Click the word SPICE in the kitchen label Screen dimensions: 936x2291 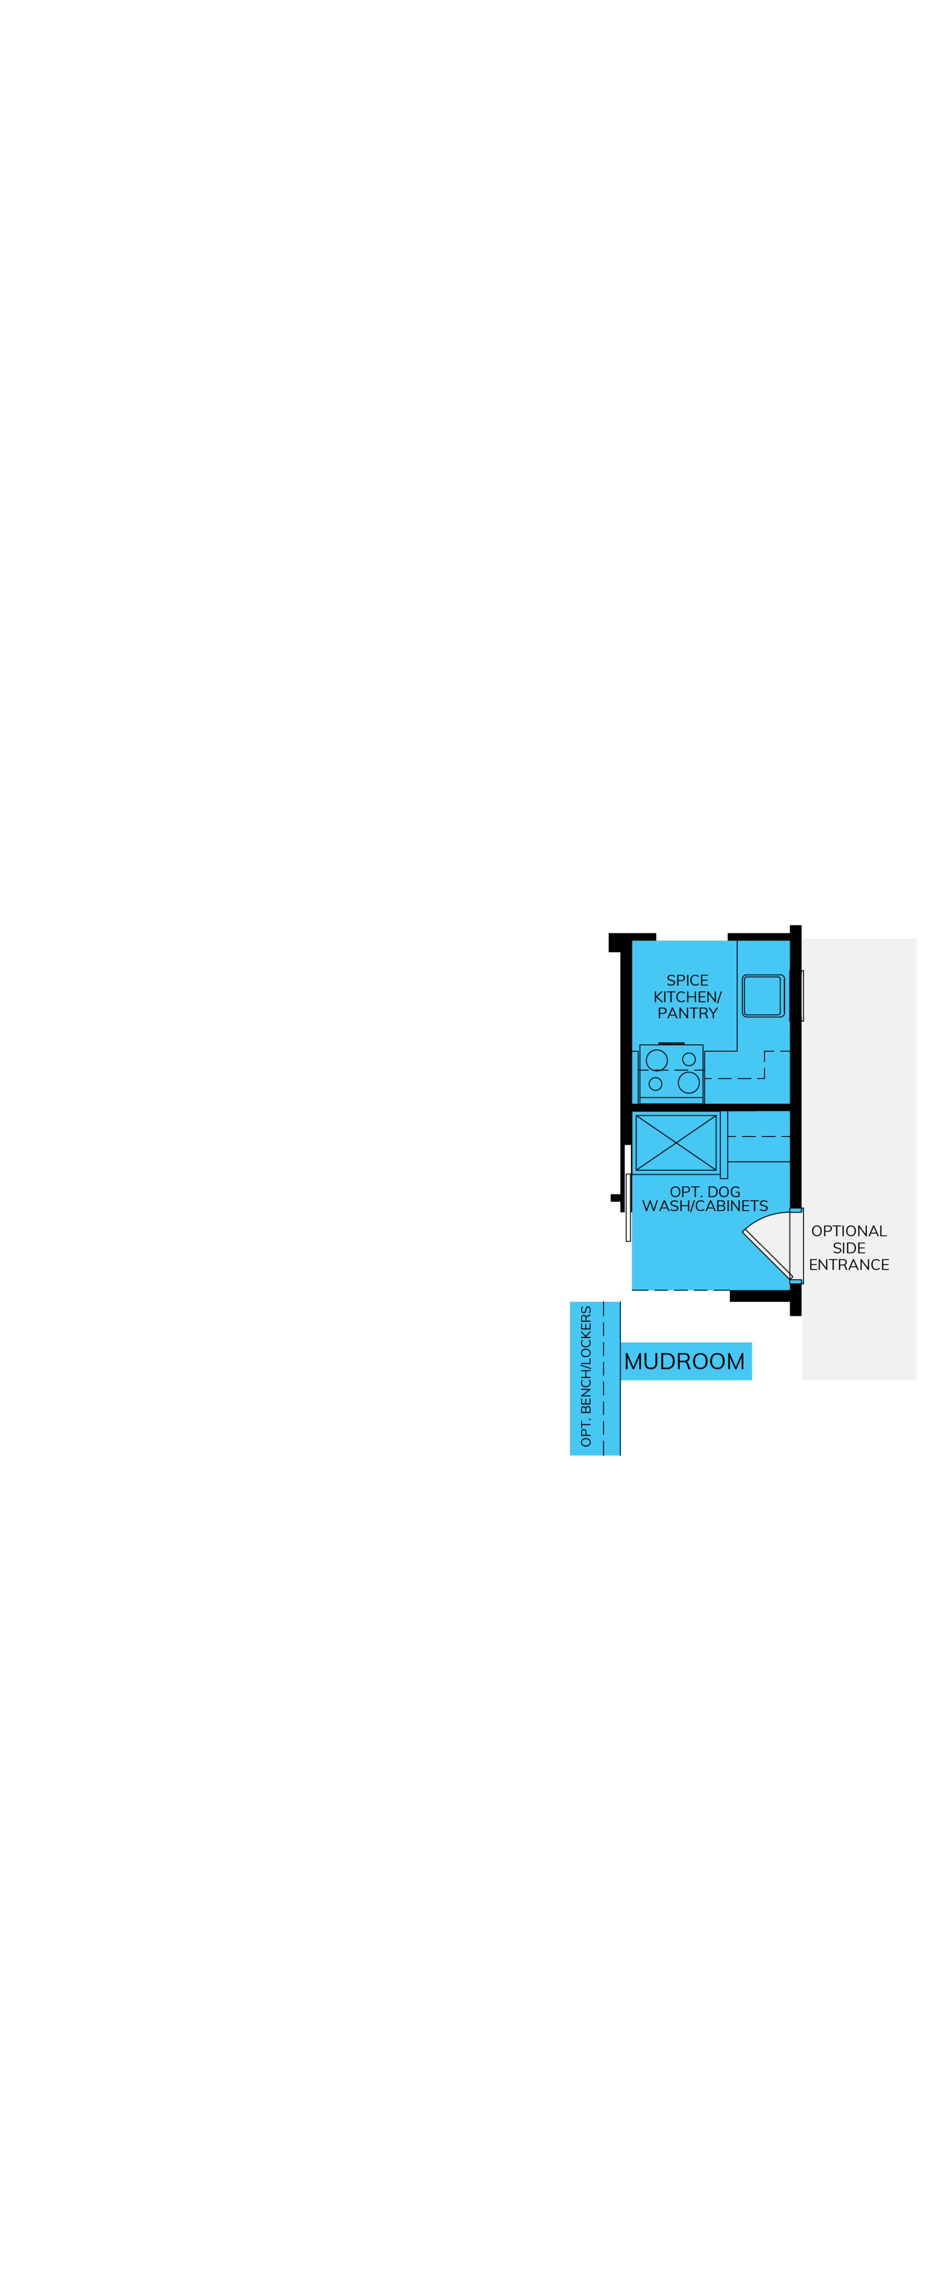click(x=687, y=980)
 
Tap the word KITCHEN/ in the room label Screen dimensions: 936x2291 click(x=687, y=997)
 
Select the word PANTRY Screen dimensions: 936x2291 click(x=687, y=1013)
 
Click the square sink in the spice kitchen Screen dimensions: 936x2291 click(x=762, y=995)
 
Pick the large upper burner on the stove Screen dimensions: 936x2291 click(x=657, y=1059)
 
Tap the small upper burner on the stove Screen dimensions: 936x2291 click(x=689, y=1059)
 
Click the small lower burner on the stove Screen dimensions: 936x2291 click(x=655, y=1083)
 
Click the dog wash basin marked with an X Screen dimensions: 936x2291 click(x=677, y=1142)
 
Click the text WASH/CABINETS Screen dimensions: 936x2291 click(x=705, y=1206)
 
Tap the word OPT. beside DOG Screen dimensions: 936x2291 click(x=686, y=1192)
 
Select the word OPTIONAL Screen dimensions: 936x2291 click(x=849, y=1231)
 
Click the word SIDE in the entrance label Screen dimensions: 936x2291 click(x=849, y=1248)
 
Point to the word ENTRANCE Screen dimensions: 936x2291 click(x=849, y=1265)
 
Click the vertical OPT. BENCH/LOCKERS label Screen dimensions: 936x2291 click(x=586, y=1376)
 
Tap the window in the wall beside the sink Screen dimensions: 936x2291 click(x=802, y=995)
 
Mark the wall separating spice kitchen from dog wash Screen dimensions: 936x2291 click(x=711, y=1106)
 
